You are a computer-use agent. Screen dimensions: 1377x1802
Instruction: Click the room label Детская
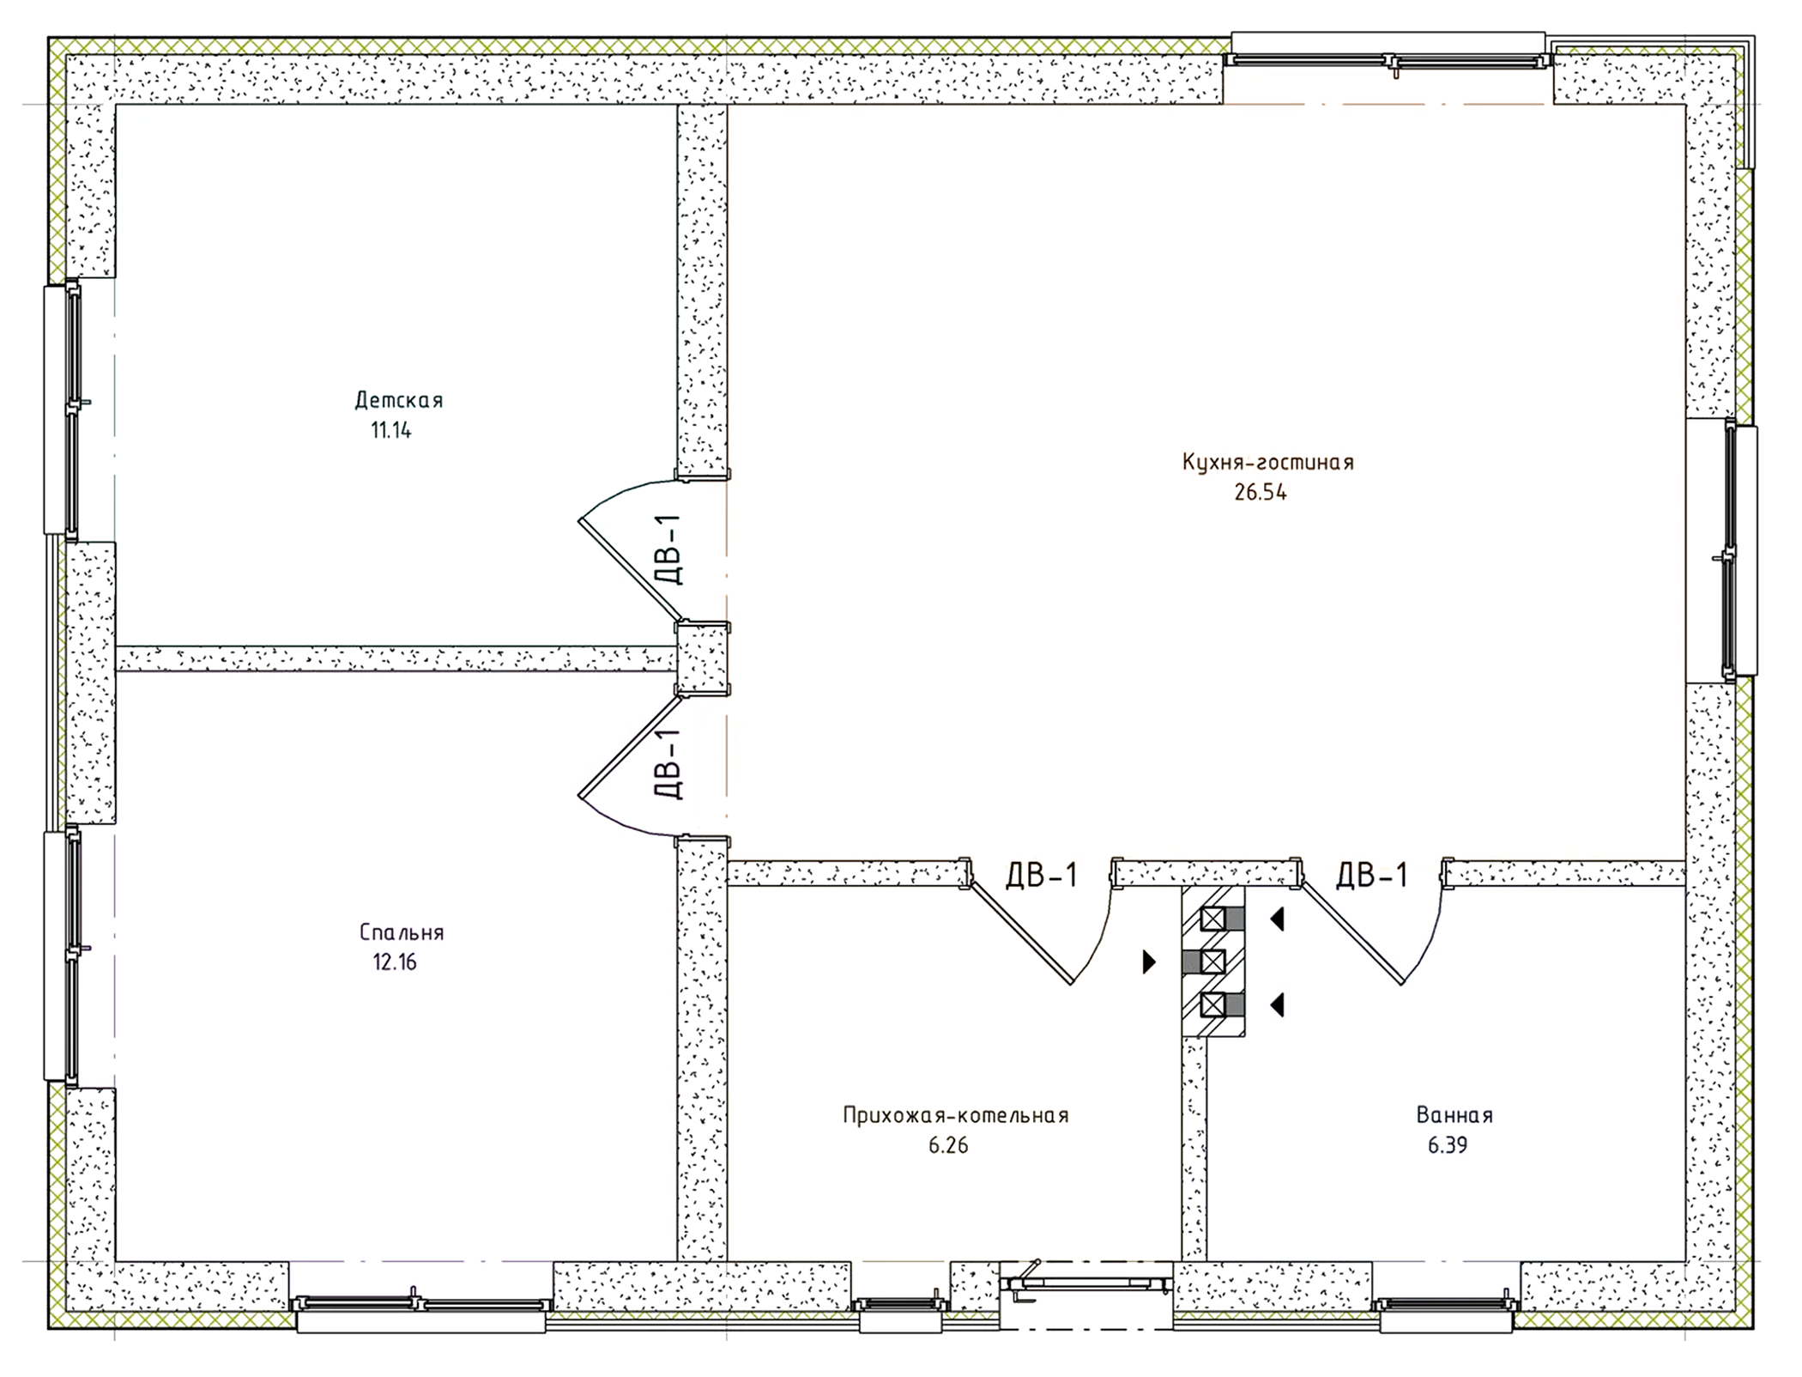(399, 400)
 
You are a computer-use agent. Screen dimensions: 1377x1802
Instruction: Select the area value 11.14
(391, 431)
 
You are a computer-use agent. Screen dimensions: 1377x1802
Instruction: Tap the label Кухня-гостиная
(1267, 463)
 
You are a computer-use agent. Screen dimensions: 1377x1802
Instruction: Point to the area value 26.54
(1261, 494)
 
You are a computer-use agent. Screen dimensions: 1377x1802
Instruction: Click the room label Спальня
(402, 932)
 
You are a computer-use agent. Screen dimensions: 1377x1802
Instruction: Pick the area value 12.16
(395, 962)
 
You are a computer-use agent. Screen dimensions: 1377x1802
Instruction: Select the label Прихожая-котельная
(955, 1116)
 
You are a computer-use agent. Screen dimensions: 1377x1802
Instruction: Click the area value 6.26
(948, 1146)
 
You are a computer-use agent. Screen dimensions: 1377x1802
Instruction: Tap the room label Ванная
(1454, 1116)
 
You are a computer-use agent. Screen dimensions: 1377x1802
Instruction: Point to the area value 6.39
(1448, 1146)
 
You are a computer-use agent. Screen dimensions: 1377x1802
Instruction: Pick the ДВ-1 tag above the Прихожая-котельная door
(1041, 876)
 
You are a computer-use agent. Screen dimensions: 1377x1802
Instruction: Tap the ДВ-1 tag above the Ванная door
(1372, 876)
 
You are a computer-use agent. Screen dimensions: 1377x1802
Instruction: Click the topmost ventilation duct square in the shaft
(1212, 919)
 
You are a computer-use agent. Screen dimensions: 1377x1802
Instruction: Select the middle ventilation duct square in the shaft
(1212, 962)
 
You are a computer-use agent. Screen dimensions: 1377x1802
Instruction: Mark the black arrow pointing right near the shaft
(1149, 962)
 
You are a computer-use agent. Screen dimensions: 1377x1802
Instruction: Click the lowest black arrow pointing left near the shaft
(1278, 1004)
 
